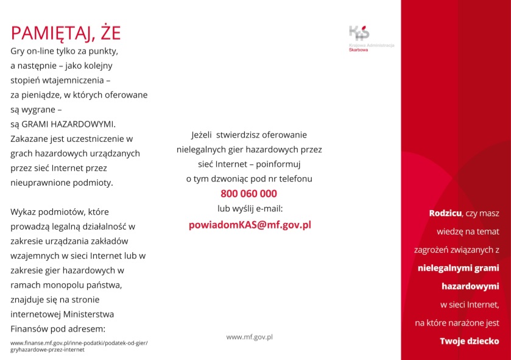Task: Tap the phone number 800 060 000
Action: [x=248, y=194]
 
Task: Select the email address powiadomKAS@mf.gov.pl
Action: [x=250, y=224]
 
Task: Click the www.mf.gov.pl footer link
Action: [x=249, y=336]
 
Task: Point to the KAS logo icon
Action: [x=359, y=33]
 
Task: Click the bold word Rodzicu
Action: [x=445, y=213]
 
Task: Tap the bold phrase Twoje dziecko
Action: [x=470, y=341]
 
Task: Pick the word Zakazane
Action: [x=30, y=138]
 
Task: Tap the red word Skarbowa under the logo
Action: [x=359, y=51]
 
